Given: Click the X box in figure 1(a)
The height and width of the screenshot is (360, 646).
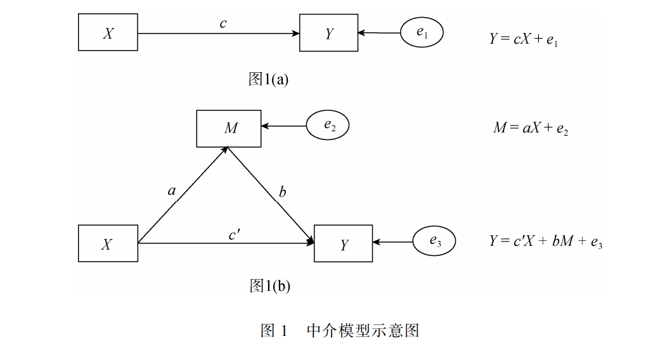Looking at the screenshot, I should [108, 33].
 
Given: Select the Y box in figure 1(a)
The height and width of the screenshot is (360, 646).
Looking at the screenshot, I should [328, 33].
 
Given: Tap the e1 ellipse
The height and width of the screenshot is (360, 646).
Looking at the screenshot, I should [422, 33].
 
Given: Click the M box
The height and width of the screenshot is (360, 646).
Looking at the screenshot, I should [229, 129].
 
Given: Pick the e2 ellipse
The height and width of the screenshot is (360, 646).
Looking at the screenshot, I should [328, 125].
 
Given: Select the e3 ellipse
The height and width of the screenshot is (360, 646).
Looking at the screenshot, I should [434, 241].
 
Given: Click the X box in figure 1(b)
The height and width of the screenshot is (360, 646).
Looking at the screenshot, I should [108, 243].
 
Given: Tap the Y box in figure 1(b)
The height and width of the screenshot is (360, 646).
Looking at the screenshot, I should [343, 244].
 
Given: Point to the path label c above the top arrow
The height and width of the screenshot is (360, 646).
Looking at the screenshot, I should [223, 23].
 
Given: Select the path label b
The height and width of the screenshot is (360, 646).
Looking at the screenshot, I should [282, 192].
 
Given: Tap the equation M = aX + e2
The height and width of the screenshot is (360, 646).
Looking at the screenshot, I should [531, 128].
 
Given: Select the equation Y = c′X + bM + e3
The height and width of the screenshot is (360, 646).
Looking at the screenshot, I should [545, 241].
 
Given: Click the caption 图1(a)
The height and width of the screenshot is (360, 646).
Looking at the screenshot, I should [268, 79].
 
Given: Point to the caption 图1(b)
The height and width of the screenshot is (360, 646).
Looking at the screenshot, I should [269, 286].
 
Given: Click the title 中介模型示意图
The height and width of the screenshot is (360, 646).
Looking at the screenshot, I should [362, 330].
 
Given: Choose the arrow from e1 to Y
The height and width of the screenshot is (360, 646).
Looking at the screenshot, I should [378, 33].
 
